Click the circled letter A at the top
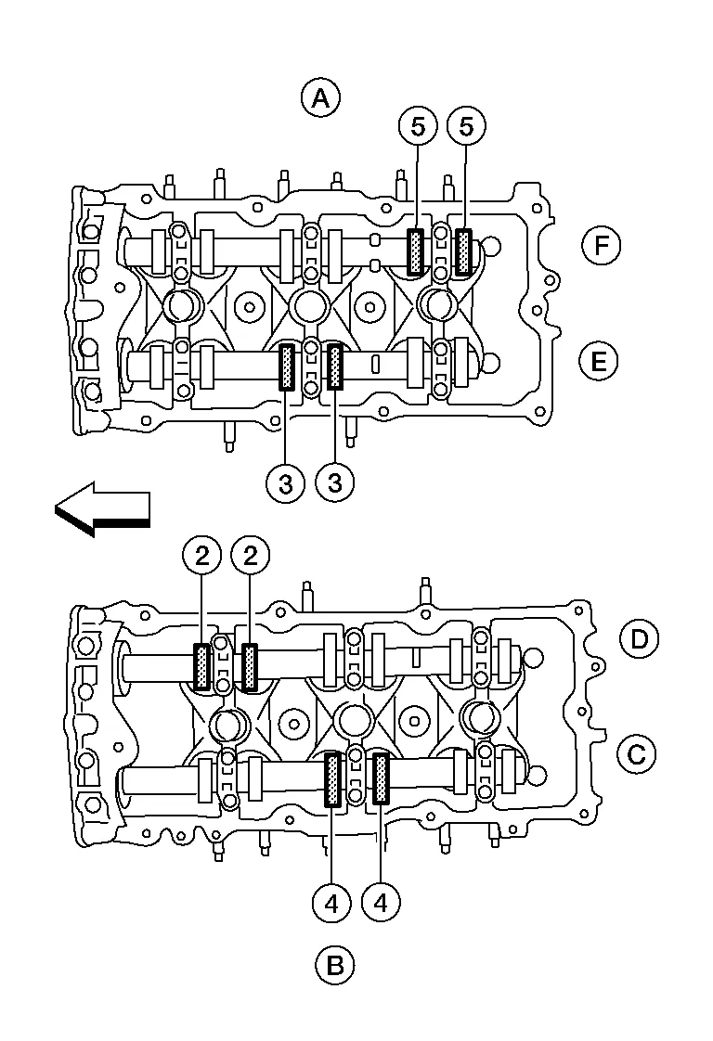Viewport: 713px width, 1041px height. coord(321,98)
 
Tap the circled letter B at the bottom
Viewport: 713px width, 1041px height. coord(335,965)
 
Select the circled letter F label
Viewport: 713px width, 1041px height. coord(601,246)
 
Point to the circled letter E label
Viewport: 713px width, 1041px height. coord(598,362)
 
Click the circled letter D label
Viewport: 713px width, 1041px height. coord(639,638)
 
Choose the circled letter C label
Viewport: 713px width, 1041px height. coord(637,754)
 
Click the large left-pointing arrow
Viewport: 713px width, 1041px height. coord(102,509)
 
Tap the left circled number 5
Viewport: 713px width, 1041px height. coord(418,126)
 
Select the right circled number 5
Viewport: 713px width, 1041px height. coord(466,126)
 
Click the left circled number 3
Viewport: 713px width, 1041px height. coord(286,483)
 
